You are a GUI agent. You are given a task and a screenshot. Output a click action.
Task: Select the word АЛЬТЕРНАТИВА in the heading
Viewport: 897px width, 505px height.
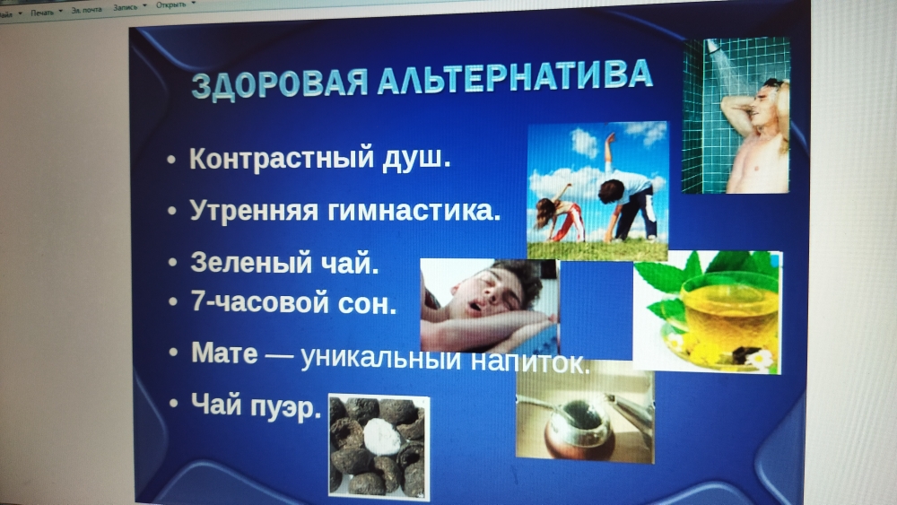click(516, 75)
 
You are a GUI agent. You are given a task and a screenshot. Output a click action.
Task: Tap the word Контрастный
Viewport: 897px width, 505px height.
click(282, 158)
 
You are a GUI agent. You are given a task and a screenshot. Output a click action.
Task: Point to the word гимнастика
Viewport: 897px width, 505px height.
click(414, 210)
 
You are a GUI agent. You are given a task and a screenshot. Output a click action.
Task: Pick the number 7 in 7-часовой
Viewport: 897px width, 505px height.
click(198, 300)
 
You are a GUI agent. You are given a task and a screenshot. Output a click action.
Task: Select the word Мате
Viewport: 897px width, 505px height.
click(224, 353)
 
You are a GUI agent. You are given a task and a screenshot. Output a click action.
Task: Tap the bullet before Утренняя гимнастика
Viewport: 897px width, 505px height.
click(172, 211)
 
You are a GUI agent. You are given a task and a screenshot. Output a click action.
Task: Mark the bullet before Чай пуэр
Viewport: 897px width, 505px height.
click(174, 404)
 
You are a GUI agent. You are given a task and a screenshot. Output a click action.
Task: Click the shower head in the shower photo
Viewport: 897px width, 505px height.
click(713, 47)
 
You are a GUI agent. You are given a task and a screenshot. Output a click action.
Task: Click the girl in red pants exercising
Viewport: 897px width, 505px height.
click(560, 214)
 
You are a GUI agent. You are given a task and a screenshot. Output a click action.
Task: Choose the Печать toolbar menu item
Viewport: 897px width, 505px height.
click(43, 13)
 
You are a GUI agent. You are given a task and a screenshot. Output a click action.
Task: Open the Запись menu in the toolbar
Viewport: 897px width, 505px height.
click(126, 7)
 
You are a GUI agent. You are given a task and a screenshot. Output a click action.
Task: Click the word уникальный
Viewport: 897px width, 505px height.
click(380, 358)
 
